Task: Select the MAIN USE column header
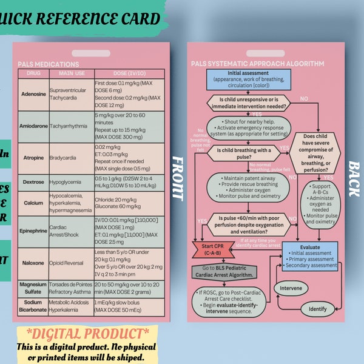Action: pyautogui.click(x=70, y=73)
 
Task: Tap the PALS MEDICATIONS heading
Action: pyautogui.click(x=49, y=64)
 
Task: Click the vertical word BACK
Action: pyautogui.click(x=352, y=178)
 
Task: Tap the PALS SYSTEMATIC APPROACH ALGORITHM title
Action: pyautogui.click(x=257, y=64)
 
